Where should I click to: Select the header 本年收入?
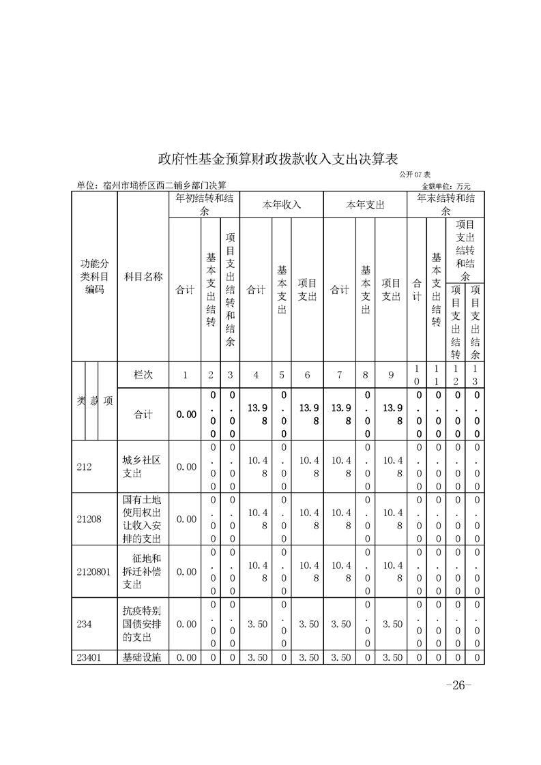coord(282,204)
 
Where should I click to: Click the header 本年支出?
coord(365,204)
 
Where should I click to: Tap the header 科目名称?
coord(143,277)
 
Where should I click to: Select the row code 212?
coord(85,468)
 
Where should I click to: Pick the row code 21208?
coord(89,520)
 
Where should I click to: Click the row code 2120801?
coord(93,572)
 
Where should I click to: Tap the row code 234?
coord(85,625)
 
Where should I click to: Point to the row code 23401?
coord(89,658)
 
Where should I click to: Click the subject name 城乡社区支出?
coord(142,467)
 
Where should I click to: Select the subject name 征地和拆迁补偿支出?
coord(142,572)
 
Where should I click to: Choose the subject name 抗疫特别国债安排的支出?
coord(142,625)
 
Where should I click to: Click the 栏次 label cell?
coord(143,375)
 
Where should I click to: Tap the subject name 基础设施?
coord(142,658)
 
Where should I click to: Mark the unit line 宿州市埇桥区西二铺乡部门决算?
coord(151,185)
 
